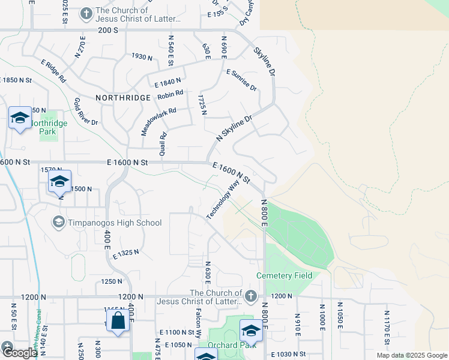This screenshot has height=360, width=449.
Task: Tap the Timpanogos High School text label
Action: point(115,223)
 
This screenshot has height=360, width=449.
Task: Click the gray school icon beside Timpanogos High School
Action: point(58,223)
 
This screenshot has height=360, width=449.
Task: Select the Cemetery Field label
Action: point(284,275)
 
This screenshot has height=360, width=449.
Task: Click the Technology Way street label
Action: point(218,202)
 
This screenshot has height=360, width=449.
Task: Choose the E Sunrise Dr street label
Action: point(241,80)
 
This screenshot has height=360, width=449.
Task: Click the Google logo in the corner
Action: point(19,353)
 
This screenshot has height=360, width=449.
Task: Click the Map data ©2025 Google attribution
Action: point(411,355)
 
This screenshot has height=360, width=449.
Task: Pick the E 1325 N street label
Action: point(125,254)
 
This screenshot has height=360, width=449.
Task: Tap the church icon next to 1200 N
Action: point(251,296)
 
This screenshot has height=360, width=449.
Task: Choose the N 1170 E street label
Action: point(387,326)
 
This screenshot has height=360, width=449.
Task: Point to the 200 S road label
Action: point(108,29)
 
